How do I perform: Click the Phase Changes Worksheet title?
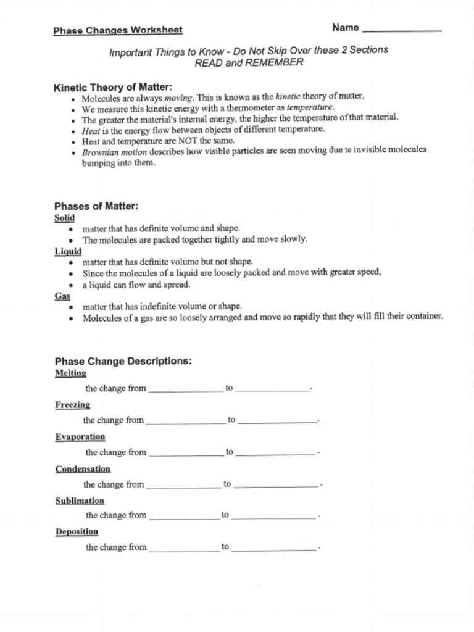tap(117, 30)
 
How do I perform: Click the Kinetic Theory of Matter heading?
tap(113, 87)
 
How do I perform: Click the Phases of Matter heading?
tap(96, 206)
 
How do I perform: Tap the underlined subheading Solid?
tap(65, 218)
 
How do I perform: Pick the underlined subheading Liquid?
tap(68, 251)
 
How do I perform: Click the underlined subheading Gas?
tap(62, 296)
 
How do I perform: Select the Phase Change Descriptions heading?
tap(123, 361)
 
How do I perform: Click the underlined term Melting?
tap(70, 373)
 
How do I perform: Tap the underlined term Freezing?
tap(72, 405)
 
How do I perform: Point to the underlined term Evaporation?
tap(80, 437)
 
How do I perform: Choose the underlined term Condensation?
tap(83, 469)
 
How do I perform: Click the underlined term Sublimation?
tap(80, 501)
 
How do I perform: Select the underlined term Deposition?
tap(77, 531)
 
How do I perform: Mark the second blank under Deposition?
tap(274, 548)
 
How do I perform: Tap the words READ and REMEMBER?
tap(249, 62)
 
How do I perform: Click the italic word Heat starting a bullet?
tap(91, 130)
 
